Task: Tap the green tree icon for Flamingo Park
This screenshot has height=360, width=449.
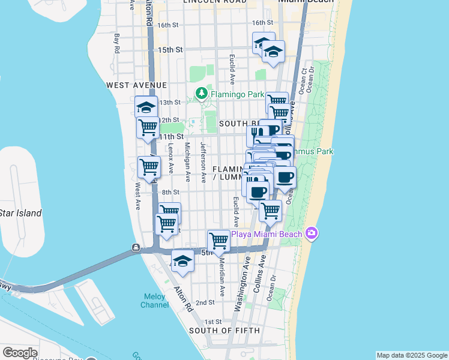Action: click(x=201, y=94)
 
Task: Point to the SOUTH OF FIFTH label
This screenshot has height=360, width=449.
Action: click(x=224, y=331)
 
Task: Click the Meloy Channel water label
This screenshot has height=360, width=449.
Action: click(x=155, y=301)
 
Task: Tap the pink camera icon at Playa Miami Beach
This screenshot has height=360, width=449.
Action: click(x=311, y=233)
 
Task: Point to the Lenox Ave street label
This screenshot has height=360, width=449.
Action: click(x=171, y=160)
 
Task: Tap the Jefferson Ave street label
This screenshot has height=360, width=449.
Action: click(x=203, y=162)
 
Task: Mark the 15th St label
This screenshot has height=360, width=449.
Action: click(x=170, y=50)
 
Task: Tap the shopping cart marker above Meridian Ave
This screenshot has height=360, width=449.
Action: click(x=218, y=241)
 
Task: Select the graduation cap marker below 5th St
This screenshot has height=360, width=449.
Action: click(x=182, y=262)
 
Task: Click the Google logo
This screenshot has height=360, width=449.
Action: click(x=20, y=353)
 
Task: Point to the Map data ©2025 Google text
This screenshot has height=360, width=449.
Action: click(x=412, y=355)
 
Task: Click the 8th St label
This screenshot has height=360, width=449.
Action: click(x=170, y=192)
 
